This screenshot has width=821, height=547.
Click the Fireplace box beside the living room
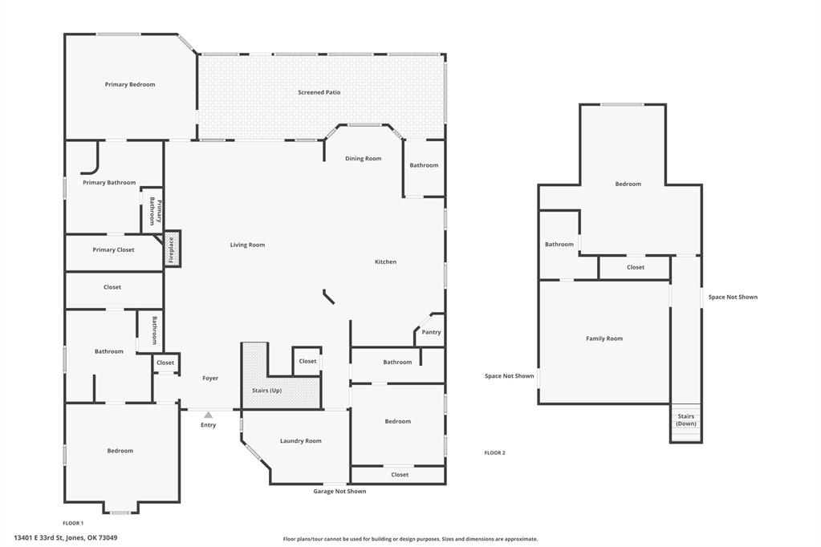pyautogui.click(x=172, y=249)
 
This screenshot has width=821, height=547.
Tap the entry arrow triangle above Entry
pyautogui.click(x=208, y=415)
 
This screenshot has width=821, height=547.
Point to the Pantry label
pyautogui.click(x=431, y=332)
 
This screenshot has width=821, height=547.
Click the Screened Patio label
pyautogui.click(x=319, y=92)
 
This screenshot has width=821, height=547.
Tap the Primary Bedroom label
pyautogui.click(x=129, y=84)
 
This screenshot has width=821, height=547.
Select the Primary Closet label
pyautogui.click(x=113, y=249)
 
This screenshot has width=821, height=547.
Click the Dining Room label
pyautogui.click(x=363, y=159)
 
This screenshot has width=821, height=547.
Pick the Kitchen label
pyautogui.click(x=385, y=261)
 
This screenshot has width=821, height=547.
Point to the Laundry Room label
pyautogui.click(x=300, y=440)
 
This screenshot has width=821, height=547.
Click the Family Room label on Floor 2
pyautogui.click(x=604, y=338)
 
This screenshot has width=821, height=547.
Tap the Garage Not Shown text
pyautogui.click(x=339, y=491)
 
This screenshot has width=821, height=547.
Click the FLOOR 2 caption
pyautogui.click(x=494, y=453)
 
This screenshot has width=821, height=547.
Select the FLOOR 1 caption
pyautogui.click(x=73, y=523)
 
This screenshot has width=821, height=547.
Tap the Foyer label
pyautogui.click(x=209, y=378)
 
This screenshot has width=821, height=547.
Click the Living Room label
pyautogui.click(x=247, y=245)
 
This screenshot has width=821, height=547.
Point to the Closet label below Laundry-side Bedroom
pyautogui.click(x=399, y=475)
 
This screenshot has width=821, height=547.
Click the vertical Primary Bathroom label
pyautogui.click(x=152, y=211)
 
